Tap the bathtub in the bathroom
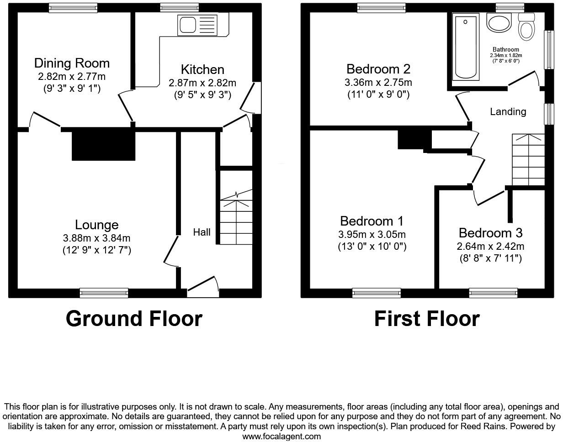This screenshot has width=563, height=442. [465, 46]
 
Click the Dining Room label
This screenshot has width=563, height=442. [72, 63]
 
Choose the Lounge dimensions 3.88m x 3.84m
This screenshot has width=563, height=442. [97, 238]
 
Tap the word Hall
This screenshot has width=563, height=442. [202, 232]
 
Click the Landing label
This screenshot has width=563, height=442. [508, 112]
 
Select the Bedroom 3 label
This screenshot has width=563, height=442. [490, 233]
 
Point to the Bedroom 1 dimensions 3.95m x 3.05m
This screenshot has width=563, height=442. [372, 235]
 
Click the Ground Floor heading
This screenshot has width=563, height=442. [134, 319]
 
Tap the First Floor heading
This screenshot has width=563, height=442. [427, 319]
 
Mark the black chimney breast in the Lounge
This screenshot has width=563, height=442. [103, 144]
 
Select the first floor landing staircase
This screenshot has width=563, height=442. [528, 160]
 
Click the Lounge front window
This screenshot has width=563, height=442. [104, 293]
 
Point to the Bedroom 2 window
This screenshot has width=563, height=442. [381, 7]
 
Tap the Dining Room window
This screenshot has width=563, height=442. [73, 7]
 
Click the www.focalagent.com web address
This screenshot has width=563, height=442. [281, 437]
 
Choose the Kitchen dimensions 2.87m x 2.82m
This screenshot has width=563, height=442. [202, 83]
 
